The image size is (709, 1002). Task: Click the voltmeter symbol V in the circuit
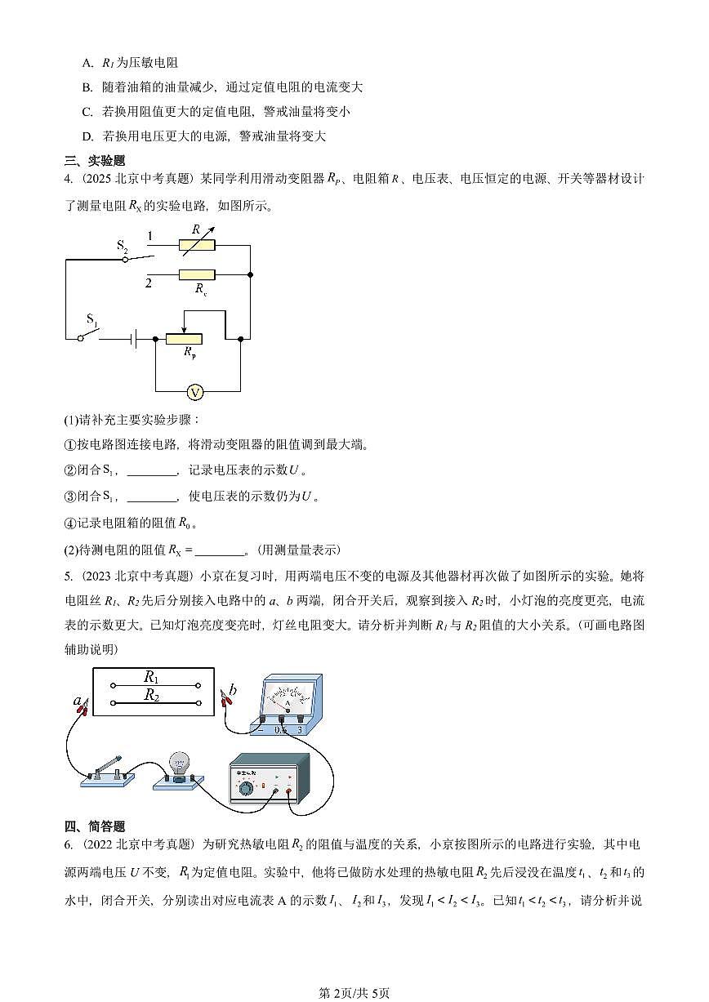[x=195, y=393]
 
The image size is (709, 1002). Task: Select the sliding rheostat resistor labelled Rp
[x=184, y=338]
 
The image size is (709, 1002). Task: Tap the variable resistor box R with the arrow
[x=197, y=243]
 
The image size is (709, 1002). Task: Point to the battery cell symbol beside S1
[x=132, y=337]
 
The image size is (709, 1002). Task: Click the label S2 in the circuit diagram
[x=123, y=245]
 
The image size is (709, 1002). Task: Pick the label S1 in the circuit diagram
[x=92, y=319]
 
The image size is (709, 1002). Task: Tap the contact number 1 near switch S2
[x=149, y=237]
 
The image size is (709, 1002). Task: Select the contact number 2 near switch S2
[x=149, y=283]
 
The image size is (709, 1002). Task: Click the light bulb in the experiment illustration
[x=177, y=765]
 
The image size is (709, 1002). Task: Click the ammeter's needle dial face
[x=286, y=697]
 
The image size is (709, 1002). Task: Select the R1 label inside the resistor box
[x=151, y=677]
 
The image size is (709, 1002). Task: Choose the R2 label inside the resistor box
[x=151, y=695]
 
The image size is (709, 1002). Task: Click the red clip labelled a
[x=81, y=708]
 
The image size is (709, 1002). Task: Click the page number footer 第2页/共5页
[x=354, y=993]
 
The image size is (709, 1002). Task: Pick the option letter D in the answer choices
[x=87, y=136]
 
